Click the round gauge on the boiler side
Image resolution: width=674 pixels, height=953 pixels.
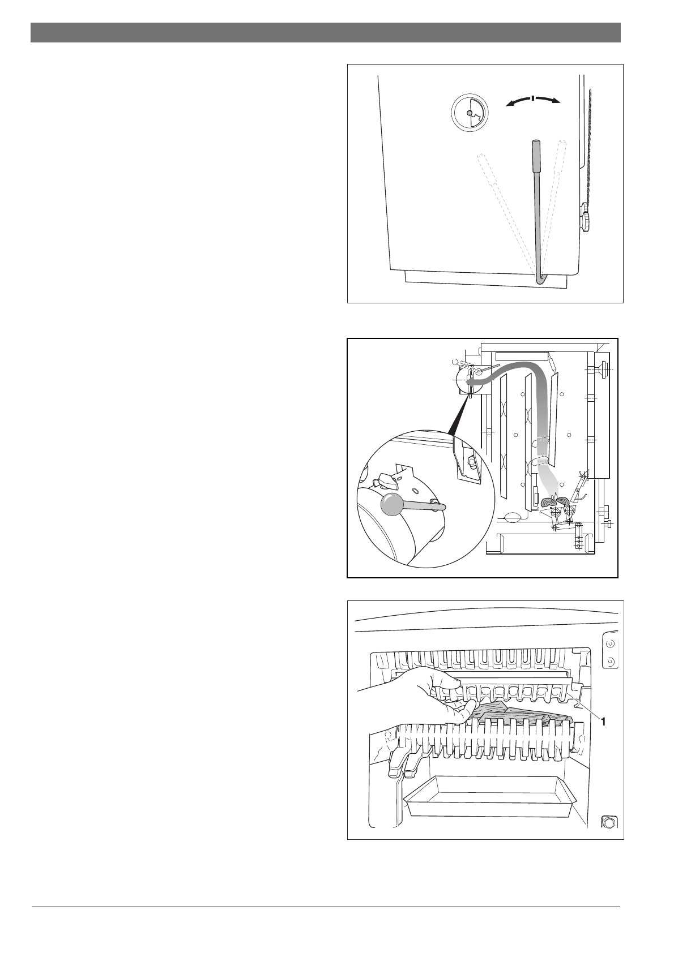[469, 113]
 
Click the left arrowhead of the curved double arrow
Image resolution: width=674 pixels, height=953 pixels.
[509, 104]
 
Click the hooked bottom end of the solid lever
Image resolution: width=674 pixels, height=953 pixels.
[540, 278]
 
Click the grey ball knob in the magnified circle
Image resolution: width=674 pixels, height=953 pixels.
[391, 505]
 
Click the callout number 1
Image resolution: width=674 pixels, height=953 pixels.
[603, 722]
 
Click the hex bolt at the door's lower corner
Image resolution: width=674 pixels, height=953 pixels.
[608, 822]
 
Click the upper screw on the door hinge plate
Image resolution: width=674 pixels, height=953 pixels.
[610, 643]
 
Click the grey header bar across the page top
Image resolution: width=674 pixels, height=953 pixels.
[326, 32]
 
